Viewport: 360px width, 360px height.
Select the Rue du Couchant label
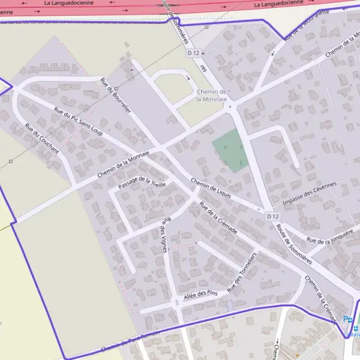click(x=41, y=138)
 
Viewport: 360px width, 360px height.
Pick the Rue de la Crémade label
click(x=218, y=218)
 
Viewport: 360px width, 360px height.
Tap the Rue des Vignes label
click(x=164, y=235)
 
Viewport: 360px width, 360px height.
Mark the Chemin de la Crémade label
click(x=322, y=296)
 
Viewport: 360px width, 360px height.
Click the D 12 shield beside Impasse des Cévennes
click(x=272, y=216)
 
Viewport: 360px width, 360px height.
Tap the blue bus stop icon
click(x=355, y=329)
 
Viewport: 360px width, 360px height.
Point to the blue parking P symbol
click(x=347, y=320)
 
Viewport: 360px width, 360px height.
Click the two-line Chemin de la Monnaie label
click(x=212, y=95)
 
